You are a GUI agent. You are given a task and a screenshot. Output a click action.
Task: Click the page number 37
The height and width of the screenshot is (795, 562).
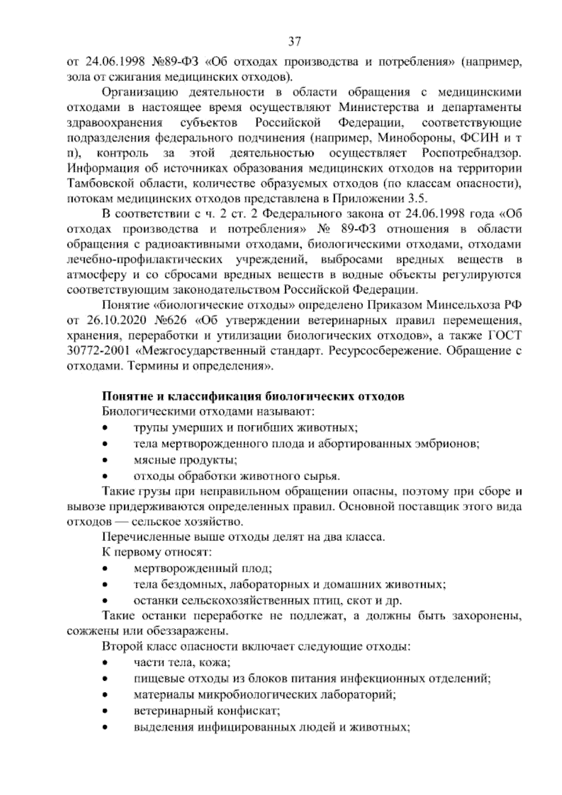tap(294, 42)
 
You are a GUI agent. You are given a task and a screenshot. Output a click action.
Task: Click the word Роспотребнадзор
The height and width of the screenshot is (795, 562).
tap(472, 153)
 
